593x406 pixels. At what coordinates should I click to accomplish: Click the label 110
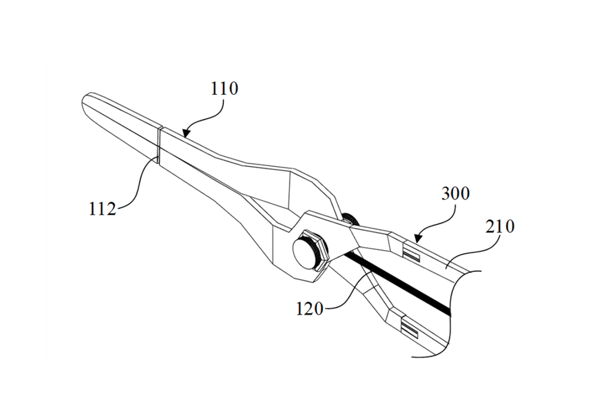(224, 89)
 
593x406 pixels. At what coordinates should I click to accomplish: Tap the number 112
(103, 209)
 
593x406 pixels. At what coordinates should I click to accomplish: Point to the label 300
(455, 193)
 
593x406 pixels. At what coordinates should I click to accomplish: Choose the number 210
(500, 226)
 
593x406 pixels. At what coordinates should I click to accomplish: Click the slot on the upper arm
(412, 256)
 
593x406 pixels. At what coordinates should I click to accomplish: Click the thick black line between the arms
(397, 283)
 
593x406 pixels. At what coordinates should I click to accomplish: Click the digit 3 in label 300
(446, 193)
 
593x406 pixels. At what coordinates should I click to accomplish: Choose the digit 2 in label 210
(490, 226)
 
